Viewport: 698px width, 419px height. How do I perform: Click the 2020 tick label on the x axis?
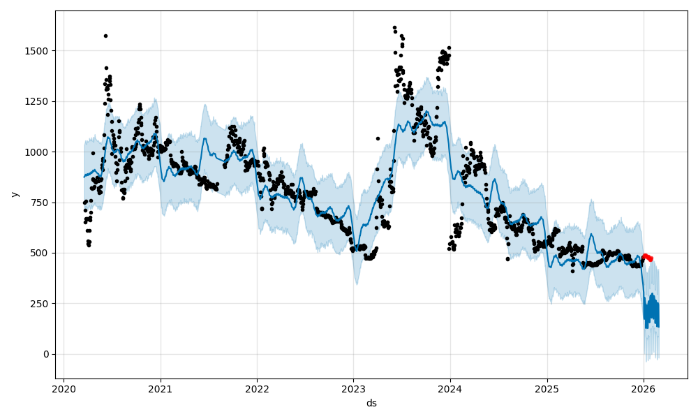[x=64, y=389]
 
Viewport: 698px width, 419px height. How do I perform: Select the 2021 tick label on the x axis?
[x=161, y=389]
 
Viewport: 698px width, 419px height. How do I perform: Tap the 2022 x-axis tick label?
[x=257, y=389]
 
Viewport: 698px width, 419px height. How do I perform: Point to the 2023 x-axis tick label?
[x=353, y=389]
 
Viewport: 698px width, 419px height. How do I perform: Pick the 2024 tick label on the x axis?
[x=450, y=389]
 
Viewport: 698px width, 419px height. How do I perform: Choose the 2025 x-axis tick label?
[x=547, y=389]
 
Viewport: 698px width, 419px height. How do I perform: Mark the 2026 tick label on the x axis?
[x=643, y=389]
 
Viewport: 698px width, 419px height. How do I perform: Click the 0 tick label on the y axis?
[x=46, y=354]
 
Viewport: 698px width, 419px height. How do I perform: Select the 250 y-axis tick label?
[x=41, y=304]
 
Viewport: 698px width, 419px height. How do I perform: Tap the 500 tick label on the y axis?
[x=41, y=253]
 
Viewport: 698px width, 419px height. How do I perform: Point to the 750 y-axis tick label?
[x=41, y=203]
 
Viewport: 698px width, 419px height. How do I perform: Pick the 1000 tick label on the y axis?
[x=39, y=152]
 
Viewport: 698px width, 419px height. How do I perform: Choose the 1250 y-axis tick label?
[x=39, y=101]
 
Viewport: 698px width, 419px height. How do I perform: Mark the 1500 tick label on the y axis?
[x=39, y=51]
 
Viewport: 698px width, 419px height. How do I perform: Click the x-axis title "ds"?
[x=371, y=403]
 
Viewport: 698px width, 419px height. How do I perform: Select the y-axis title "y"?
[x=15, y=194]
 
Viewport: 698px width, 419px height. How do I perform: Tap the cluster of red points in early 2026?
[x=647, y=257]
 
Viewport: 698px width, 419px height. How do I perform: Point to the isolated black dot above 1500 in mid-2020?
[x=105, y=36]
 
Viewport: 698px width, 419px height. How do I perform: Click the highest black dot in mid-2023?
[x=394, y=28]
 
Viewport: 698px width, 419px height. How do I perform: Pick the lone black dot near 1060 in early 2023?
[x=378, y=138]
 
